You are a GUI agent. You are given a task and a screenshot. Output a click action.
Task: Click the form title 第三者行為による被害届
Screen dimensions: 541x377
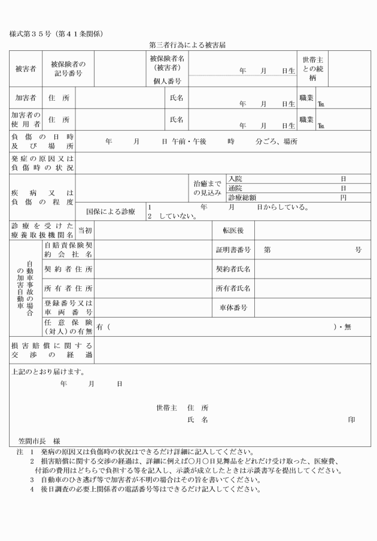188,45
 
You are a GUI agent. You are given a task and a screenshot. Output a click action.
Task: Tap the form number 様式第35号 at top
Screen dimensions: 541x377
56,34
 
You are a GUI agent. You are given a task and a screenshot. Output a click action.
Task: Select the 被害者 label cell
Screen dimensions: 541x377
25,69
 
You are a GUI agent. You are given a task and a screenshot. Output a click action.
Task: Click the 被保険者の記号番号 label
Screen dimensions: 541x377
68,68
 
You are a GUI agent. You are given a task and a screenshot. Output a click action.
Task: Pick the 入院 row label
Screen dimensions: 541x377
235,179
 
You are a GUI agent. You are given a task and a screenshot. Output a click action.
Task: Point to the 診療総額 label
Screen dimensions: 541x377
242,197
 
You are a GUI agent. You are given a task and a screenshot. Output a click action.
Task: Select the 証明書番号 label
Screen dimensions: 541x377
233,250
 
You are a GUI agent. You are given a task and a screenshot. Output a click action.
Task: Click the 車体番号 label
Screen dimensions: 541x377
233,308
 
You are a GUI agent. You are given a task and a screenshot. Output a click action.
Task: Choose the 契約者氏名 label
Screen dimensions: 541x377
233,269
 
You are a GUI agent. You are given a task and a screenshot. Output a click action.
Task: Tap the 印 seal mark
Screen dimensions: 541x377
351,420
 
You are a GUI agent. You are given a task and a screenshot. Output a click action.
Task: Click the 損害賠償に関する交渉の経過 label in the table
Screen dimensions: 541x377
51,350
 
